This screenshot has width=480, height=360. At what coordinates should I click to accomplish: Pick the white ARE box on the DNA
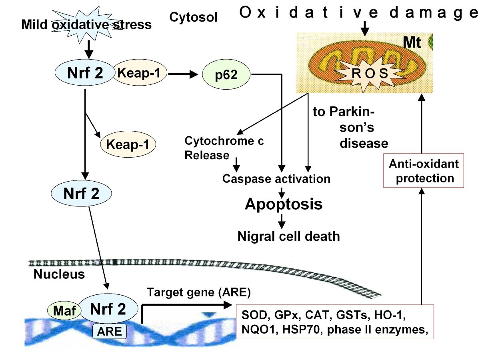(x=110, y=331)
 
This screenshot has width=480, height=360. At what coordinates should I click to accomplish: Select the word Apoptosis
(x=283, y=204)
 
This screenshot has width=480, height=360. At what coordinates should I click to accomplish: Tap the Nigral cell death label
(x=288, y=236)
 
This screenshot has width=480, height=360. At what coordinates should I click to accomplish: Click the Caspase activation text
(x=276, y=178)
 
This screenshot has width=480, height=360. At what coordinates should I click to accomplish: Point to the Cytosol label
(x=194, y=17)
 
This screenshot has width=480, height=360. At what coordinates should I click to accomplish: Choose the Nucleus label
(x=59, y=274)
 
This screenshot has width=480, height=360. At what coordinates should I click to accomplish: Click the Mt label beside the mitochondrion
(x=412, y=43)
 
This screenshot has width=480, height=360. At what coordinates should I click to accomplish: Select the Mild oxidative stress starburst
(x=87, y=25)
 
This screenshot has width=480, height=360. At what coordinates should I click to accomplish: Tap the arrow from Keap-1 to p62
(x=184, y=74)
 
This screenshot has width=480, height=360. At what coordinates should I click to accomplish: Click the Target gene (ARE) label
(x=198, y=292)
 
